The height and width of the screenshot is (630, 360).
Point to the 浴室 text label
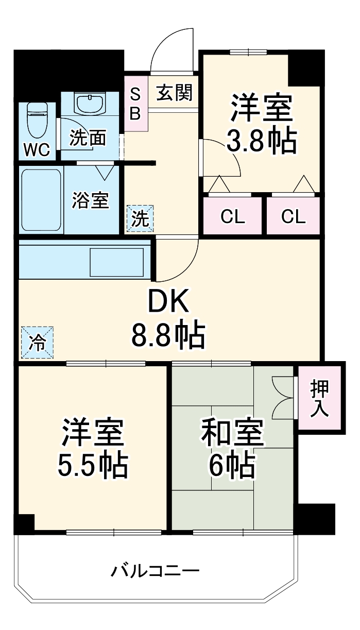point(91,200)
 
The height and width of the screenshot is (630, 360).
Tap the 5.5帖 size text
point(93,465)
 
